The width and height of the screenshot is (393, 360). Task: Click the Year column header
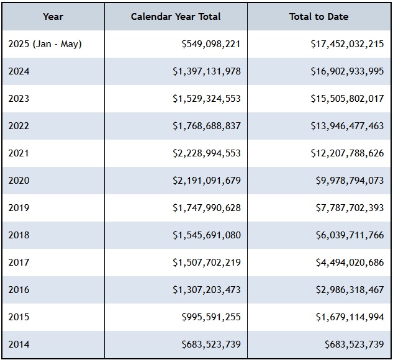(53, 17)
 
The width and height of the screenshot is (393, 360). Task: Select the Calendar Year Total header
(176, 17)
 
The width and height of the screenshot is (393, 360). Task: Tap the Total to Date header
(318, 17)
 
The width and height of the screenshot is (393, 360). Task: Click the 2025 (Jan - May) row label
(45, 44)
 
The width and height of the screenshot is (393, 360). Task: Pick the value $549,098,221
(211, 44)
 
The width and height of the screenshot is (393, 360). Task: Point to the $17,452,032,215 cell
(347, 44)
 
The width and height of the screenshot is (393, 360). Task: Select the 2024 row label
(19, 71)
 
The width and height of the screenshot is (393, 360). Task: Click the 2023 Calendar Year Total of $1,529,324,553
(207, 99)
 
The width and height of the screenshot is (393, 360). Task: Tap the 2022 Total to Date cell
(347, 126)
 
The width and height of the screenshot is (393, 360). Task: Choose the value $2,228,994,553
(207, 153)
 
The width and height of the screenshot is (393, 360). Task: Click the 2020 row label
(19, 181)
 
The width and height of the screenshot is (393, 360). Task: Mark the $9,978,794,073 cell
(350, 181)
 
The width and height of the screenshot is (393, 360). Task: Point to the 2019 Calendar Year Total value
(207, 208)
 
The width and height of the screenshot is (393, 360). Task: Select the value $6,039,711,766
(350, 235)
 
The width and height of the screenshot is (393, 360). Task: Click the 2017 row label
(19, 263)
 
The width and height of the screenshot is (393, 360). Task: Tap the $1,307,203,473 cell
(207, 290)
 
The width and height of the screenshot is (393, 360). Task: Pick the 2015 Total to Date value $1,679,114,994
(350, 317)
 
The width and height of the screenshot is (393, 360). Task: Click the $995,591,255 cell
(211, 317)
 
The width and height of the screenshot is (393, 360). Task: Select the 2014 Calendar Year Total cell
(211, 344)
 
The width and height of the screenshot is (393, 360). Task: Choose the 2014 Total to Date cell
(354, 344)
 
